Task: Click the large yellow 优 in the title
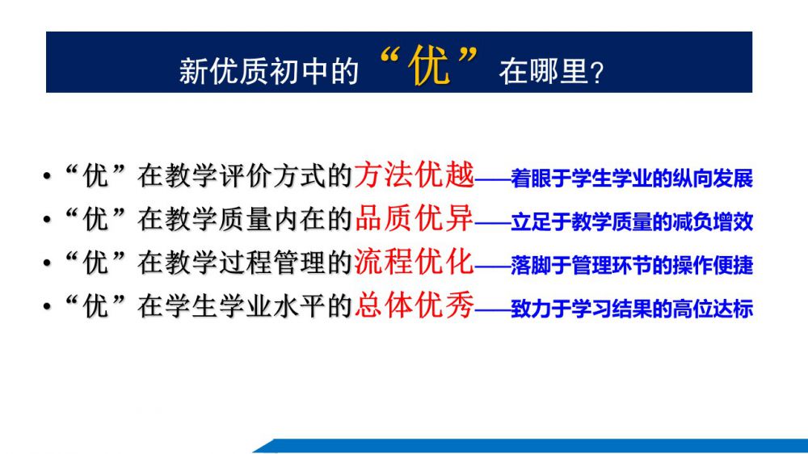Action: pos(429,66)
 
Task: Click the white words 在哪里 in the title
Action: pos(543,71)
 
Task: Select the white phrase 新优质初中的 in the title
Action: pos(268,71)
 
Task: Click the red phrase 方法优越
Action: pos(414,174)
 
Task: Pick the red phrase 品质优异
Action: pos(414,218)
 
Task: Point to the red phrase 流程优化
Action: pos(414,262)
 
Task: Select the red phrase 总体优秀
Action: pos(414,305)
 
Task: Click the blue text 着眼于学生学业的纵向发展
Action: pos(632,179)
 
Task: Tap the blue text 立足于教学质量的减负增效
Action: pos(632,222)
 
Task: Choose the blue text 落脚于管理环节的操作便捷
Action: pos(632,266)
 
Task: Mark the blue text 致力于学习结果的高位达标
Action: pos(632,309)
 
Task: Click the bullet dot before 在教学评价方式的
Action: pos(48,176)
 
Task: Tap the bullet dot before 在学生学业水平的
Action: pos(48,307)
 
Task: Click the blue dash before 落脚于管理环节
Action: pos(492,267)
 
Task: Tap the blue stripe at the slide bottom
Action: pos(530,446)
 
